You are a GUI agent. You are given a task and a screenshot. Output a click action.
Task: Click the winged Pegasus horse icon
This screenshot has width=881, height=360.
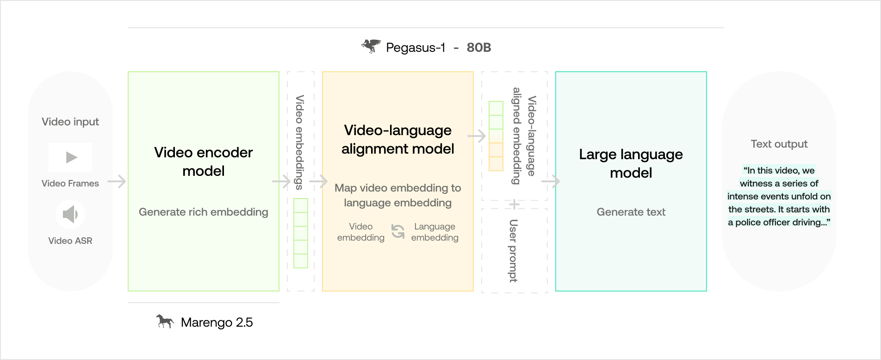coord(371,46)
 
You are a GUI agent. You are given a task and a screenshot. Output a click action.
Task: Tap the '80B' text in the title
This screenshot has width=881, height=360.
coord(478,48)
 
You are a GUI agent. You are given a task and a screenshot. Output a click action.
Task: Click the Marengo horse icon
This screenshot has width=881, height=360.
coord(165,321)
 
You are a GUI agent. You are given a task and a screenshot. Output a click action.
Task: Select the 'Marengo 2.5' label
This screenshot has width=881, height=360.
coord(217,323)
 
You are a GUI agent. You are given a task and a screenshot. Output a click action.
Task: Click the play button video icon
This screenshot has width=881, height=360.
coord(70,157)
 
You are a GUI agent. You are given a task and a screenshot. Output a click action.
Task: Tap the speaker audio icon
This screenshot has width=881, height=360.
coord(70,214)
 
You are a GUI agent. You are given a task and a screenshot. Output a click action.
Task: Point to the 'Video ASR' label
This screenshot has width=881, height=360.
coord(70,241)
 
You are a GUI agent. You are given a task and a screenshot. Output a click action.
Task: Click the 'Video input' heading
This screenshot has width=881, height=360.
coord(70,122)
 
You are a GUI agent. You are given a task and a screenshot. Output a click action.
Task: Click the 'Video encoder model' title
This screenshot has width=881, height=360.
coord(204,161)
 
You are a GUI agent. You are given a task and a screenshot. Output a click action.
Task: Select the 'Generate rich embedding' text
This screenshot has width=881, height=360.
coord(204,212)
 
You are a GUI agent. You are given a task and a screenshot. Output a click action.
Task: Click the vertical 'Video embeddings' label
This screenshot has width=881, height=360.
coord(300,142)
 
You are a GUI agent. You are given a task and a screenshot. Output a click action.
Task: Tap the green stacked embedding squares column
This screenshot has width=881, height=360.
coord(301,233)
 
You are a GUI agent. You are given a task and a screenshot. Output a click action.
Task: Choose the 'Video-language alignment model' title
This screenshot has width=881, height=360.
coord(398,139)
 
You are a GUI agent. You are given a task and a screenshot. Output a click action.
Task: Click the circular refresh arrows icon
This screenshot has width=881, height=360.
coord(398,231)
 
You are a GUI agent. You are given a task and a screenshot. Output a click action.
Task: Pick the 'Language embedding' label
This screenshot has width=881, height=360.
coord(434,232)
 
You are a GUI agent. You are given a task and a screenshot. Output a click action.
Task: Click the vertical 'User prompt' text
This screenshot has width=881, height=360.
coord(513,250)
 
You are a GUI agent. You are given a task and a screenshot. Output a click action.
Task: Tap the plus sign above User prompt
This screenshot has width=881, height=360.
coord(514,204)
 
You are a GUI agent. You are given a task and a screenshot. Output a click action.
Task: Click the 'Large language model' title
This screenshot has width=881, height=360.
coord(631,163)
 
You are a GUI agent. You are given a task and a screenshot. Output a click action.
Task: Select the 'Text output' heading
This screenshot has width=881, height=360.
coord(779,144)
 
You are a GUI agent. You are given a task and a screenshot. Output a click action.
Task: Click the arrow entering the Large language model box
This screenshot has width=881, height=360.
coord(551,181)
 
